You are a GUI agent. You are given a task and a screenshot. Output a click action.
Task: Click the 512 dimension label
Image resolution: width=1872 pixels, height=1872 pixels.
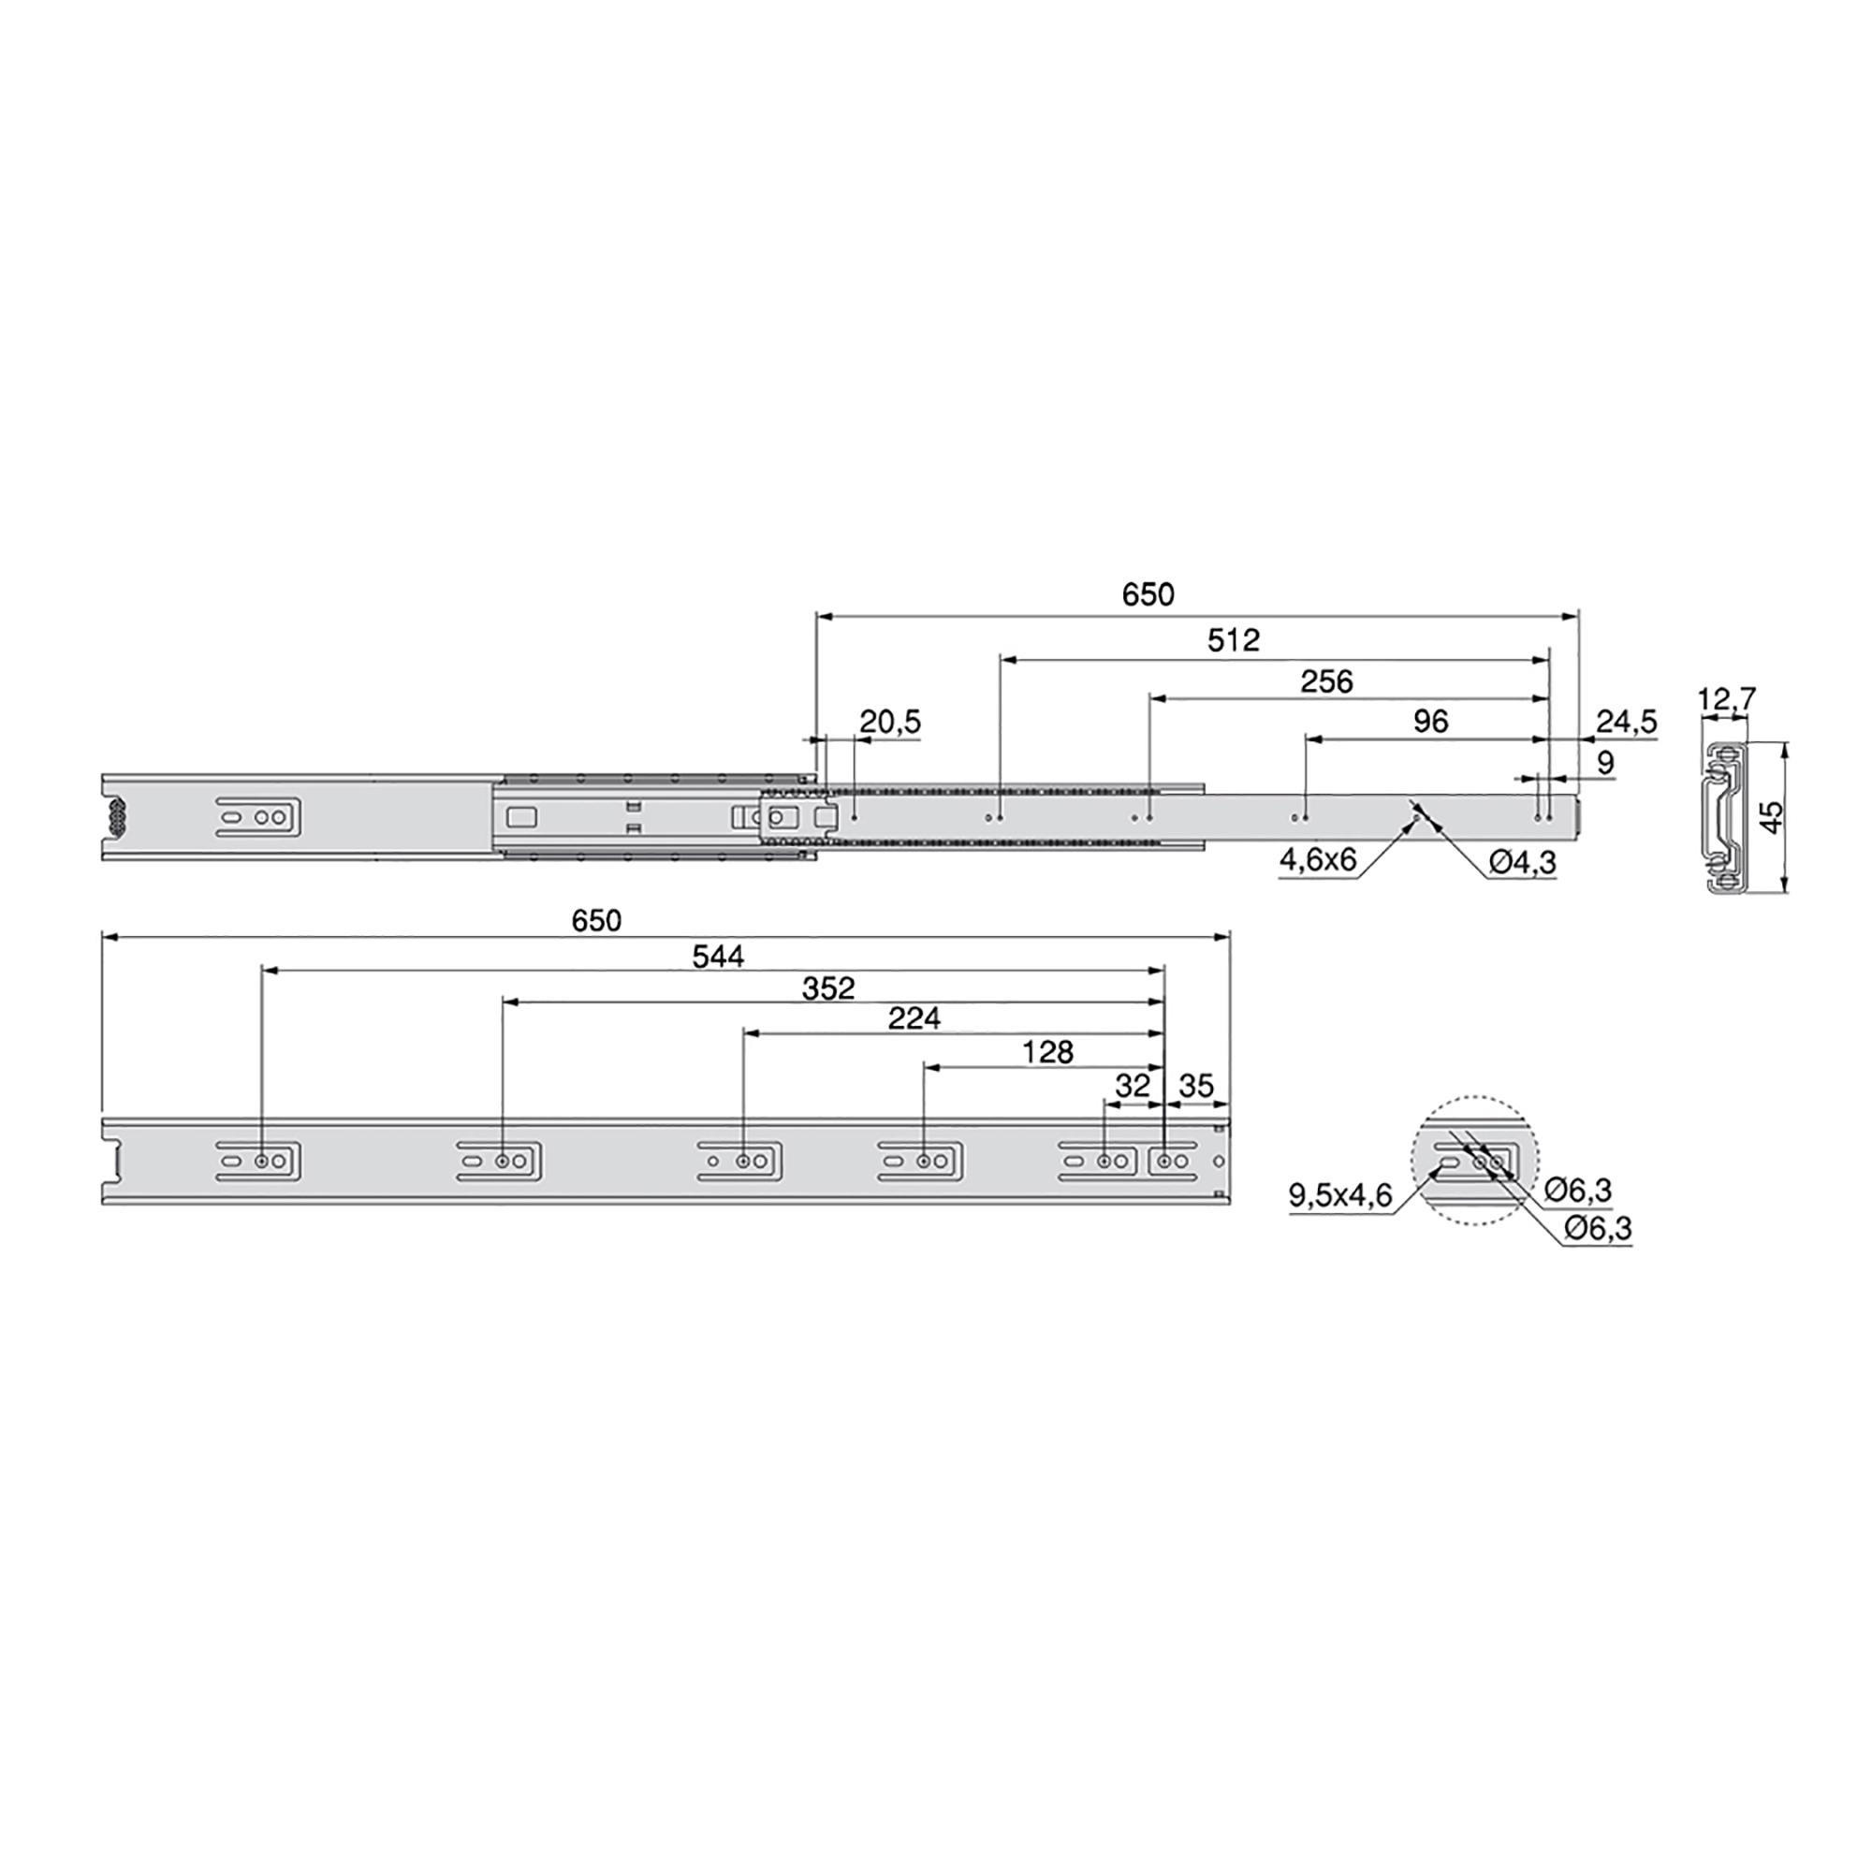[1234, 640]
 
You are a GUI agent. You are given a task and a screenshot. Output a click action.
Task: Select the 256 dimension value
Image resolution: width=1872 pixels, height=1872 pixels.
[1326, 682]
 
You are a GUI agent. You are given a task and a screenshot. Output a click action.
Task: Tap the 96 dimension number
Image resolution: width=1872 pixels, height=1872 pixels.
[1431, 722]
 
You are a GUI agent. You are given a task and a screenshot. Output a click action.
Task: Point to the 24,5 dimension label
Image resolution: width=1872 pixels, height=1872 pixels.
[1627, 722]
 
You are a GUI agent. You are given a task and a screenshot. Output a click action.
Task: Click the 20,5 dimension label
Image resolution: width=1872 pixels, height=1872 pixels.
[890, 722]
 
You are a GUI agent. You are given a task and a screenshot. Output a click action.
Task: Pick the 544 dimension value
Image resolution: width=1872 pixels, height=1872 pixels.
[718, 958]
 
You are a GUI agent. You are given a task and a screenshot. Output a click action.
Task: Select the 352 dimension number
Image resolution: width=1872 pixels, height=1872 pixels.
[828, 988]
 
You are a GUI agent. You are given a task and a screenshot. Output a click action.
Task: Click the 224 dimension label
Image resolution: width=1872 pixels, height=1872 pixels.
[914, 1018]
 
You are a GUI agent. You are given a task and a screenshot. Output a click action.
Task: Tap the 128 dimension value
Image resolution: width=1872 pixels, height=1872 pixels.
[1047, 1052]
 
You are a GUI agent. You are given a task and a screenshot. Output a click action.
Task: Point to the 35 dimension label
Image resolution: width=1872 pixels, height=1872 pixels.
[1196, 1086]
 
